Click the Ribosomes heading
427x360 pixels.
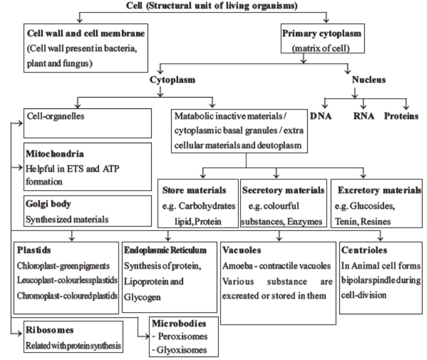click(48, 330)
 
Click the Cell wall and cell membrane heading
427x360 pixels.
click(78, 32)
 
